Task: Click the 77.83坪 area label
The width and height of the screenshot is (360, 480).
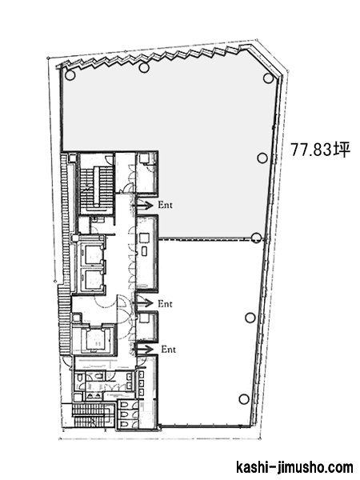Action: tap(320, 150)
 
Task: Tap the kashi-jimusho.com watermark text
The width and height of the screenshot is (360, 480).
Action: tap(294, 468)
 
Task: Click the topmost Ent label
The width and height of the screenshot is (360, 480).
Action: tap(166, 205)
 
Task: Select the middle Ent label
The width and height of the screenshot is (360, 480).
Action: tap(165, 304)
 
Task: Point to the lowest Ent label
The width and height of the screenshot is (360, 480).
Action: tap(168, 349)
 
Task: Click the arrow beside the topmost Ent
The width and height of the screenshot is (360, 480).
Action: tap(144, 205)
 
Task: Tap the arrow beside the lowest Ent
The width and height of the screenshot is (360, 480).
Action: tap(144, 350)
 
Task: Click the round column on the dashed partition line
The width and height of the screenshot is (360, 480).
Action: tap(256, 238)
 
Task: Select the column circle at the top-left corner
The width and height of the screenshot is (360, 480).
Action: tap(70, 75)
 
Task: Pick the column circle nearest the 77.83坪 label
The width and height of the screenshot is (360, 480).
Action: tap(262, 158)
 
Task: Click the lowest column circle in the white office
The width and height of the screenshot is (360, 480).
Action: tap(244, 399)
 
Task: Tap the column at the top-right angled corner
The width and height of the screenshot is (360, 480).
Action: tap(268, 78)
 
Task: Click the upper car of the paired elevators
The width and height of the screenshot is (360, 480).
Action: tap(93, 254)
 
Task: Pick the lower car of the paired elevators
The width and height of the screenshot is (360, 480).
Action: tap(93, 279)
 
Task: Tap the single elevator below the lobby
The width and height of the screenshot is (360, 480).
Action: tap(97, 341)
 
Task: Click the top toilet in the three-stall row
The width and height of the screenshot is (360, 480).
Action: tap(125, 405)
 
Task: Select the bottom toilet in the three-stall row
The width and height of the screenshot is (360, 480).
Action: tap(125, 425)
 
